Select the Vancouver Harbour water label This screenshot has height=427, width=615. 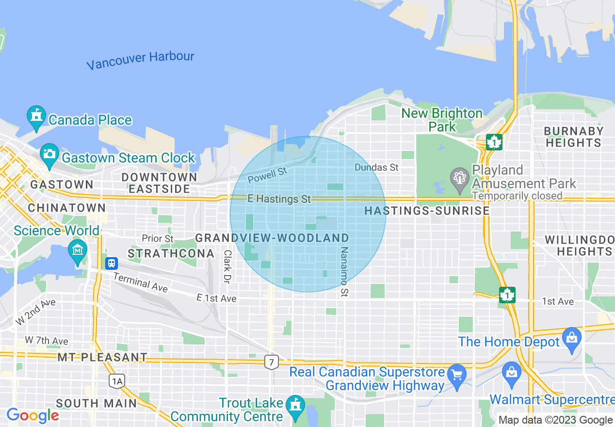140,60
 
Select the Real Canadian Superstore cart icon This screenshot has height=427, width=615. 457,375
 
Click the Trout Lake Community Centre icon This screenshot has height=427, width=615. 295,406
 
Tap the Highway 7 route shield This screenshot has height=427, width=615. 272,361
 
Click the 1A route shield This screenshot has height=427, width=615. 117,381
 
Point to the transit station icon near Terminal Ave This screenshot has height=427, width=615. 112,263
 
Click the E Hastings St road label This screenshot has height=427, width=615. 279,199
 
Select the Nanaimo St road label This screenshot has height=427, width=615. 344,272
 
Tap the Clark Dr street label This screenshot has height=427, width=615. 227,267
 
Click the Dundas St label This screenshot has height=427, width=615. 376,167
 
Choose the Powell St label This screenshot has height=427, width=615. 267,176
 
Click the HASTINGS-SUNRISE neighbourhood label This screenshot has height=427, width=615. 427,211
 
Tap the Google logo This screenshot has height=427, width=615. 32,416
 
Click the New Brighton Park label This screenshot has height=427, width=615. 442,120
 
